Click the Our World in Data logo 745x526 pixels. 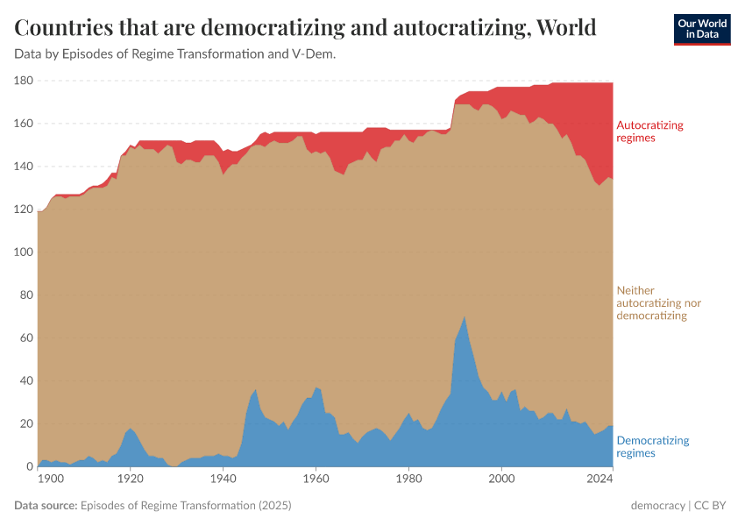point(701,29)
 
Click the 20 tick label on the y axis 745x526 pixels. point(25,423)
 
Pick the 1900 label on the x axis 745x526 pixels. point(51,480)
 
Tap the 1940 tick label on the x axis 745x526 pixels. point(223,480)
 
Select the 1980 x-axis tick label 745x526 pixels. point(408,480)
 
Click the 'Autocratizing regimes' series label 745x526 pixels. point(649,131)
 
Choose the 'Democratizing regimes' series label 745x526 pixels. point(653,446)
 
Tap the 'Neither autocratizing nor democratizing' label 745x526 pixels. point(659,302)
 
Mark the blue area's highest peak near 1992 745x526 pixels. point(465,317)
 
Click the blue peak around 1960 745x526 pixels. point(316,387)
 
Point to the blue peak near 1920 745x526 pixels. point(131,429)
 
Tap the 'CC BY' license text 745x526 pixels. point(713,506)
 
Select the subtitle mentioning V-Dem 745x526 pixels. point(175,54)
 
